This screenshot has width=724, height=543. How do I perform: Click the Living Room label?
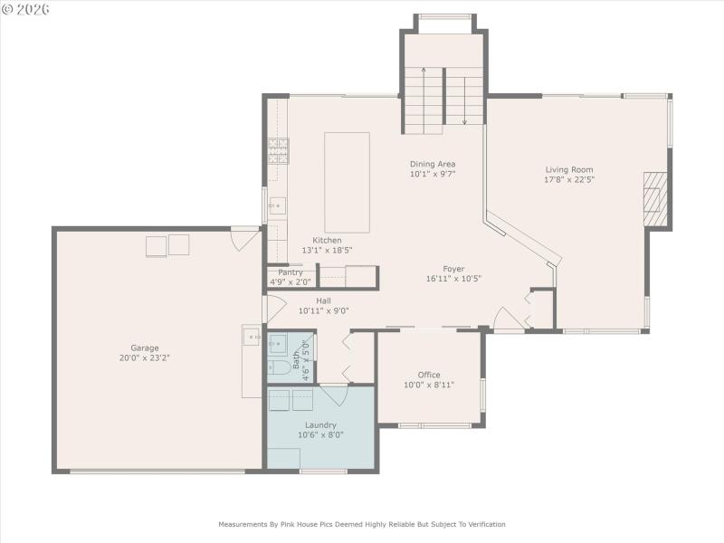(569, 169)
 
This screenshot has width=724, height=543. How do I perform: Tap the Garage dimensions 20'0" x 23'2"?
(145, 358)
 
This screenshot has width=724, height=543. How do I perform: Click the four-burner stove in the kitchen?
(278, 150)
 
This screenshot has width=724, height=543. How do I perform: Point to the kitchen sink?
(277, 205)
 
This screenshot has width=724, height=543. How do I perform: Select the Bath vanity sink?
(278, 343)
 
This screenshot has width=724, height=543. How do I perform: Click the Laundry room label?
(320, 424)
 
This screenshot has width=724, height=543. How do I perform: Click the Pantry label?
(291, 272)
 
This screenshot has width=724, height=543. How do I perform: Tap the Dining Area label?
(432, 164)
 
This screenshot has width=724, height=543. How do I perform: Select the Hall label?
(323, 300)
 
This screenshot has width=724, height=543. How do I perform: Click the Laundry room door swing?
(335, 395)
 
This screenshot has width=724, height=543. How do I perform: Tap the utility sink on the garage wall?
(251, 338)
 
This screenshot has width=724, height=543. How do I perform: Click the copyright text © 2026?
(25, 9)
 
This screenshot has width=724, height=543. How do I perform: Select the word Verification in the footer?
(484, 524)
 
